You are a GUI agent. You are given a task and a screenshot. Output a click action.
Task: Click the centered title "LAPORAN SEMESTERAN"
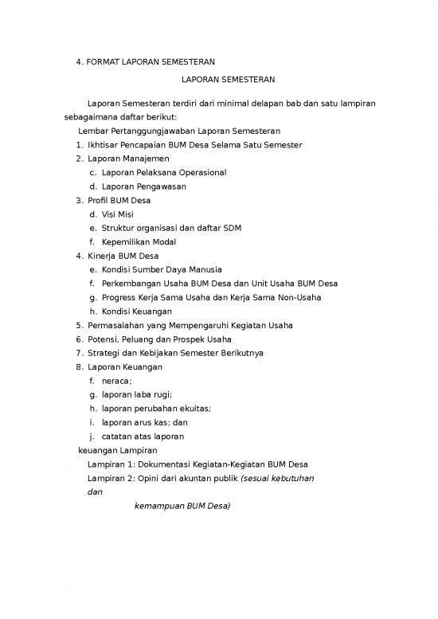tap(228, 80)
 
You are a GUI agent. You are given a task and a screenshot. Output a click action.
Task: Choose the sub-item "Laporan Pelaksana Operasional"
tap(164, 172)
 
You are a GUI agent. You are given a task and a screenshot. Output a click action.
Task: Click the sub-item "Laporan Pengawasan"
tap(144, 186)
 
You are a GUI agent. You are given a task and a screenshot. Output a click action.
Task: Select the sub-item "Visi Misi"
tap(118, 214)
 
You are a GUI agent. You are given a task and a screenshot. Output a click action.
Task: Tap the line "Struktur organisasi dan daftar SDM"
tap(171, 228)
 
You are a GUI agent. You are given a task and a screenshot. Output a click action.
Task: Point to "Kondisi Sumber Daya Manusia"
tap(162, 270)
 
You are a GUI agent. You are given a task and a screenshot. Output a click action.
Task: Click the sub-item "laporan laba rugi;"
tap(137, 394)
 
